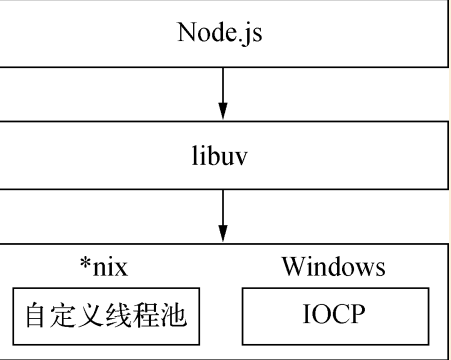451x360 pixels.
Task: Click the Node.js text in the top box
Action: pos(219,33)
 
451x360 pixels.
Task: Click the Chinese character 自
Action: pos(37,316)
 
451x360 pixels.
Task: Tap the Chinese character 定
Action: pos(65,316)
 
